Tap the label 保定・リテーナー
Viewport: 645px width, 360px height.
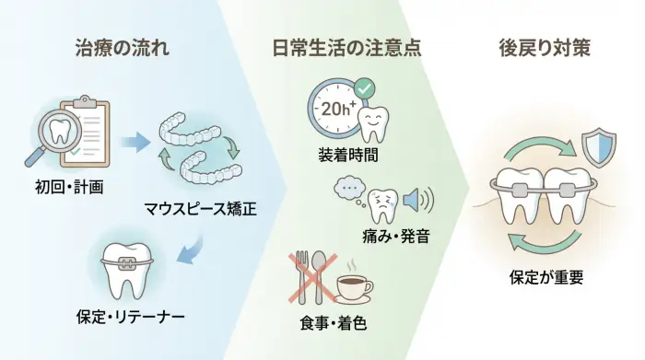(x=130, y=317)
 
